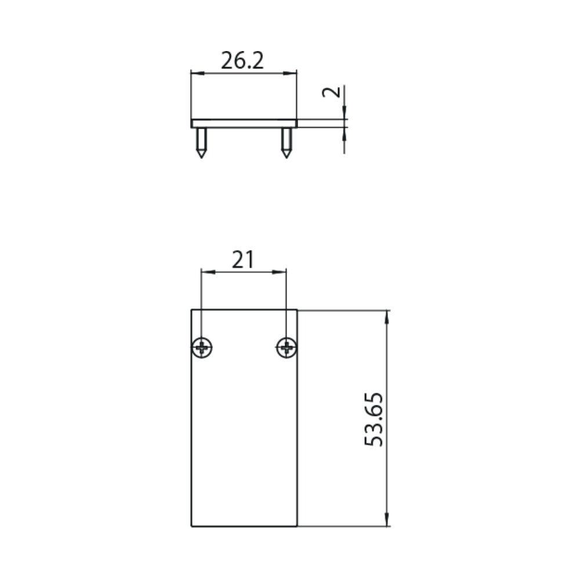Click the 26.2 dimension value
(x=242, y=60)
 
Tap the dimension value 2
(x=331, y=92)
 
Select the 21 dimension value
(x=243, y=259)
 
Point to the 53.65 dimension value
(x=374, y=419)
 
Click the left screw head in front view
(x=202, y=347)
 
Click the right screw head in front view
(x=287, y=347)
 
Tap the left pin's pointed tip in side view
(x=201, y=158)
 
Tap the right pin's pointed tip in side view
(x=287, y=158)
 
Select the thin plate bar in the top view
(x=244, y=124)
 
